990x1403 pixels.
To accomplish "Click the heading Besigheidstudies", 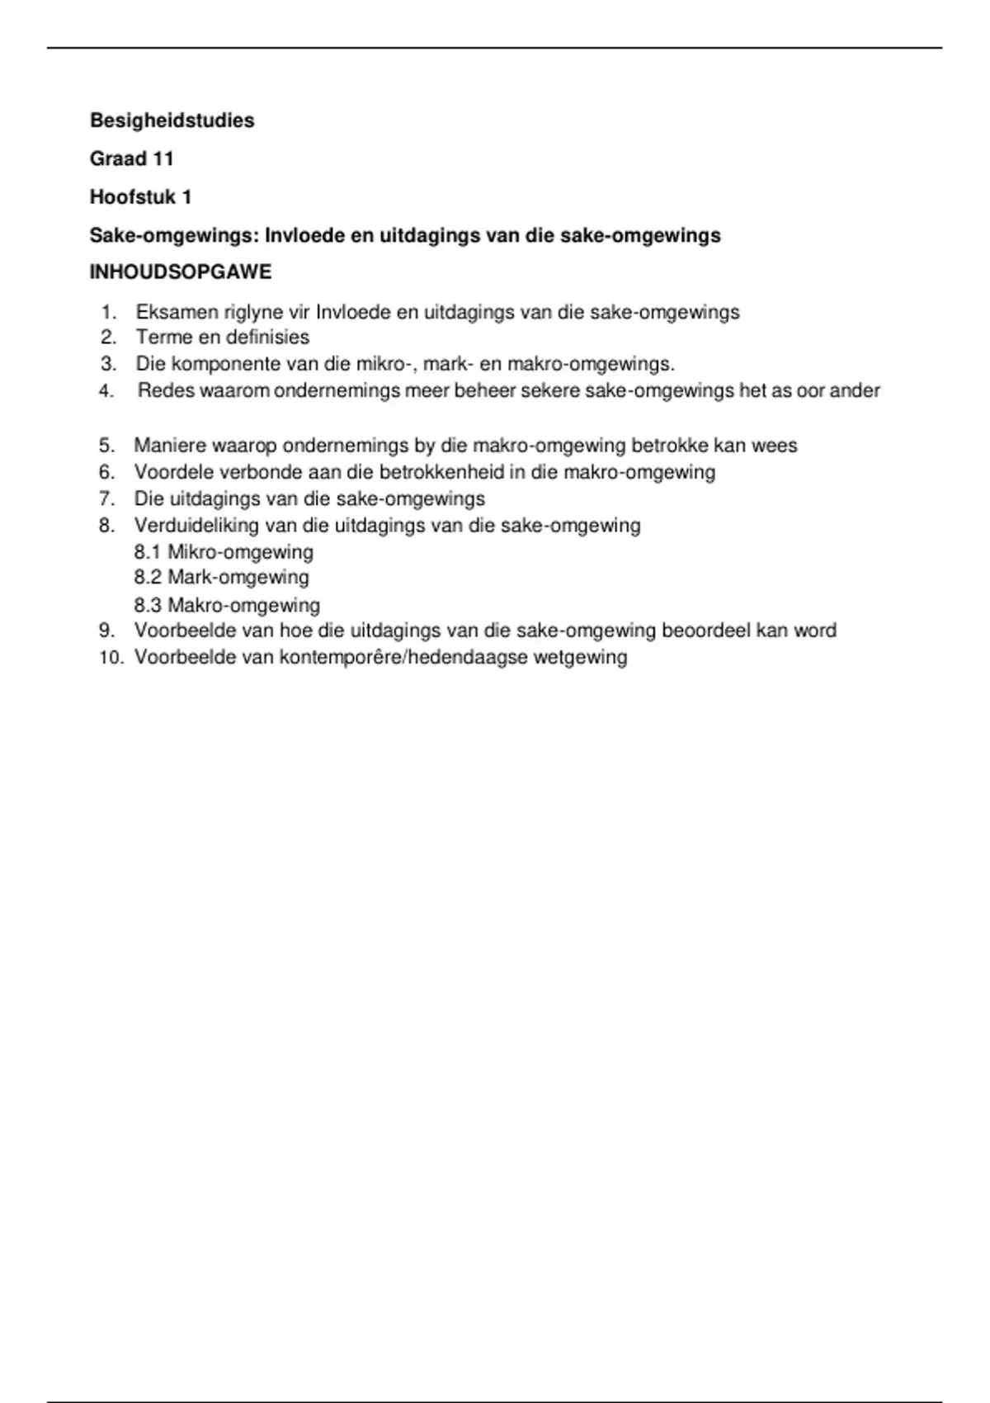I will [172, 120].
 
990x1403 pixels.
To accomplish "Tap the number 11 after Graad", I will [163, 158].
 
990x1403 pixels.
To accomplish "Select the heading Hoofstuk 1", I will [140, 197].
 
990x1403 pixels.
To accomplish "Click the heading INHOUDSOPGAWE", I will [181, 272].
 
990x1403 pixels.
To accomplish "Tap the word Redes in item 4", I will [162, 391].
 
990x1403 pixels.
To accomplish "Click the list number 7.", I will [106, 499].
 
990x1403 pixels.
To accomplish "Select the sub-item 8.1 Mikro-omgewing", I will [224, 552].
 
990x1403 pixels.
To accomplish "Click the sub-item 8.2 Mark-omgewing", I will [221, 578].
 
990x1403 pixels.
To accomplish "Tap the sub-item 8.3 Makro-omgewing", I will [227, 606].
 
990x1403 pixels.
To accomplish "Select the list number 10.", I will [111, 658].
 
